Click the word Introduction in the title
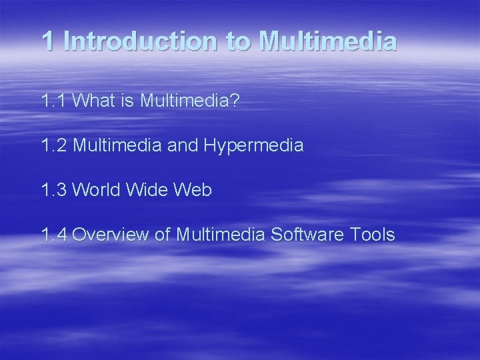coord(141,41)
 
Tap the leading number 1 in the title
coord(47,41)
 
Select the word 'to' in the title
coord(238,41)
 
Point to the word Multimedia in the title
coord(327,41)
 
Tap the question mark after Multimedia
coord(235,101)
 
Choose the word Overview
coord(109,235)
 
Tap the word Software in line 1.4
coord(321,235)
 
